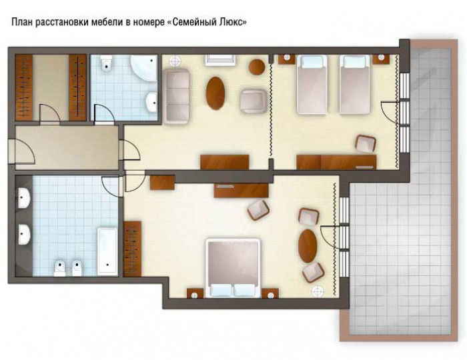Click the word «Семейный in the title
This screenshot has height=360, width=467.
click(x=197, y=22)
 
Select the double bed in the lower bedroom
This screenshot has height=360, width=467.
click(x=233, y=268)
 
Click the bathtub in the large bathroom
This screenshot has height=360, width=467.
click(x=107, y=252)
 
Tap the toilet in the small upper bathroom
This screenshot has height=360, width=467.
click(x=106, y=63)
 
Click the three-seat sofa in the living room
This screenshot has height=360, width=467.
click(x=176, y=96)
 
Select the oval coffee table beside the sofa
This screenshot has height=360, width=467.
click(x=215, y=93)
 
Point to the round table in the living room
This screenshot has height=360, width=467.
click(x=257, y=67)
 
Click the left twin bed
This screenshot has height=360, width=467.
click(x=312, y=85)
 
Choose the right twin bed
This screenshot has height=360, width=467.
click(x=355, y=85)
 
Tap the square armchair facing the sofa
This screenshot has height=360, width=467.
click(x=254, y=101)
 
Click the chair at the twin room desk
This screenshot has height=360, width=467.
click(x=366, y=144)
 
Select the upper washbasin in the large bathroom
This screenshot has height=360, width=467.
click(x=24, y=197)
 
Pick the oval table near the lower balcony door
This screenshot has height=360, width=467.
click(x=308, y=246)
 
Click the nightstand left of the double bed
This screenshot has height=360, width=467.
click(x=195, y=293)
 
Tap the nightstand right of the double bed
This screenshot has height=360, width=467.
click(x=270, y=293)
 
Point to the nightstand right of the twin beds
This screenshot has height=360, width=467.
click(x=381, y=59)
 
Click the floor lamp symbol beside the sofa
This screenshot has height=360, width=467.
click(x=175, y=61)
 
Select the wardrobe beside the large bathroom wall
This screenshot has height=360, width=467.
click(x=132, y=249)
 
